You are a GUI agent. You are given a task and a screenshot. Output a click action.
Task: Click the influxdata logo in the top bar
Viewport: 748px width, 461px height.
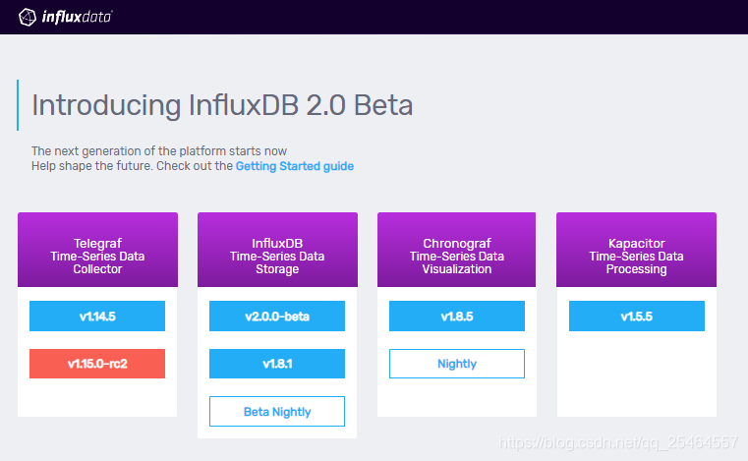pyautogui.click(x=66, y=16)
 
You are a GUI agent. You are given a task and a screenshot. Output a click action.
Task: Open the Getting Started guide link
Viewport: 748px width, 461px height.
pyautogui.click(x=294, y=166)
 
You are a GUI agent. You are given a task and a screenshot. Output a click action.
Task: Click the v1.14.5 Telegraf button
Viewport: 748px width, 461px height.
pyautogui.click(x=97, y=317)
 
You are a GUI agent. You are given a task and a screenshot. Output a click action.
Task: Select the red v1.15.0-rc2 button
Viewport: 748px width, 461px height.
pyautogui.click(x=97, y=364)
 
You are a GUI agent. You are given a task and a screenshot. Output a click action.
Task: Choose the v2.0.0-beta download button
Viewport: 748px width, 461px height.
pyautogui.click(x=277, y=317)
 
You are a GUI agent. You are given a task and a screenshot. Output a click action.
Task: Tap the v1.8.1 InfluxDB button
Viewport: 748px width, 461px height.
pyautogui.click(x=277, y=364)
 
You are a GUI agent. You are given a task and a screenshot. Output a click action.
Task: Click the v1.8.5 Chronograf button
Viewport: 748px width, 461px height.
pyautogui.click(x=457, y=317)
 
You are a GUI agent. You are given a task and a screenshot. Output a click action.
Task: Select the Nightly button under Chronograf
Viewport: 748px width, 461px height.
pyautogui.click(x=457, y=364)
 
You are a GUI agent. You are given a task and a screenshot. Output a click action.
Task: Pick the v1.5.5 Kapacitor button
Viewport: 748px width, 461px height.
pyautogui.click(x=637, y=317)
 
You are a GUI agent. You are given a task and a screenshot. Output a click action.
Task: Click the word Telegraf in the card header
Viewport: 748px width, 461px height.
pyautogui.click(x=97, y=243)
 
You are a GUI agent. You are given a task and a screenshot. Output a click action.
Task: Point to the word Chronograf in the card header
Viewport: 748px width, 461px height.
pyautogui.click(x=457, y=243)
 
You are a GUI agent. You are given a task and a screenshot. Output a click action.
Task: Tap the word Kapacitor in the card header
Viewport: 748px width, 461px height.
pyautogui.click(x=637, y=243)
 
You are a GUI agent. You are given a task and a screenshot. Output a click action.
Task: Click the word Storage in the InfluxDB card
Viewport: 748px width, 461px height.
pyautogui.click(x=277, y=269)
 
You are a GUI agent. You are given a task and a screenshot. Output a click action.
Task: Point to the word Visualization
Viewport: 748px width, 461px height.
pyautogui.click(x=457, y=269)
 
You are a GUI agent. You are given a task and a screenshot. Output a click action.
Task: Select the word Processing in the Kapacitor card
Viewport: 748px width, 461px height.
pyautogui.click(x=637, y=269)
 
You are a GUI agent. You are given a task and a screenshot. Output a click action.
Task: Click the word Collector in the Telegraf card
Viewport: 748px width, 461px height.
pyautogui.click(x=97, y=269)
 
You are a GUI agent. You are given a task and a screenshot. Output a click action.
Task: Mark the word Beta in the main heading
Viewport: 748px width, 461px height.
pyautogui.click(x=383, y=105)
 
